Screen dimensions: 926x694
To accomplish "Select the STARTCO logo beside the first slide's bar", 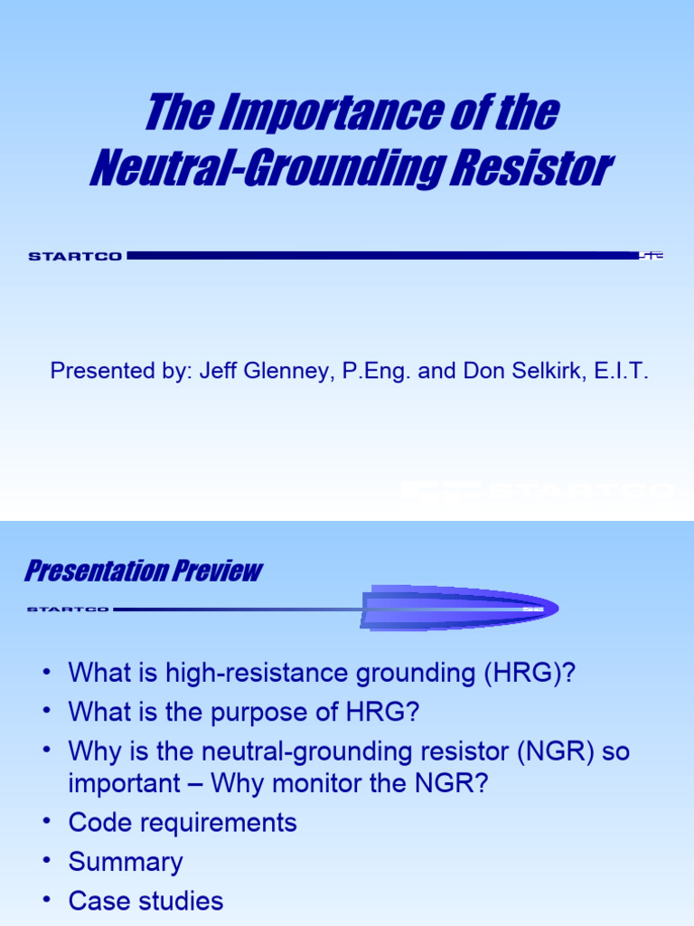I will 75,257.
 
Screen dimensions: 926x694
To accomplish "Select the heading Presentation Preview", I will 143,572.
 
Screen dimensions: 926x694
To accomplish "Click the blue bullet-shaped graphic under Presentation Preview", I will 459,608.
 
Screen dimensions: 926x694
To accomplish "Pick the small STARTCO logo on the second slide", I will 68,609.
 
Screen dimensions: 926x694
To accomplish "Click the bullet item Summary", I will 126,863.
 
